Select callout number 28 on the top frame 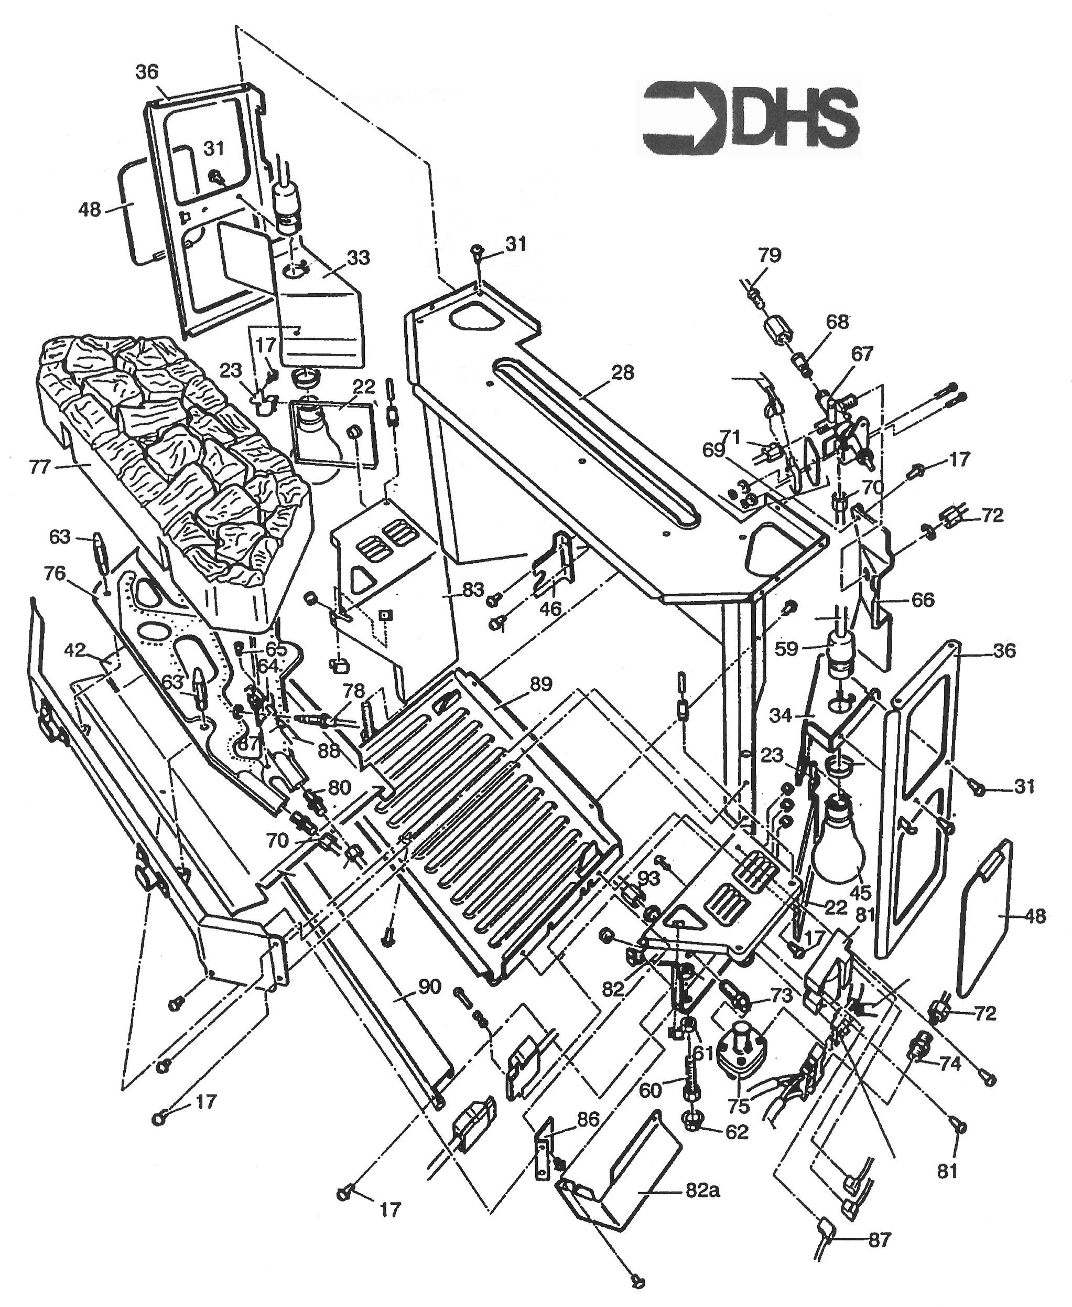coord(622,373)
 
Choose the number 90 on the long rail coord(429,987)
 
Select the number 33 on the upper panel coord(358,258)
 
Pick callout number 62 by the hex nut coord(737,1132)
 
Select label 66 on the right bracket coord(923,600)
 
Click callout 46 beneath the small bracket coord(550,608)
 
